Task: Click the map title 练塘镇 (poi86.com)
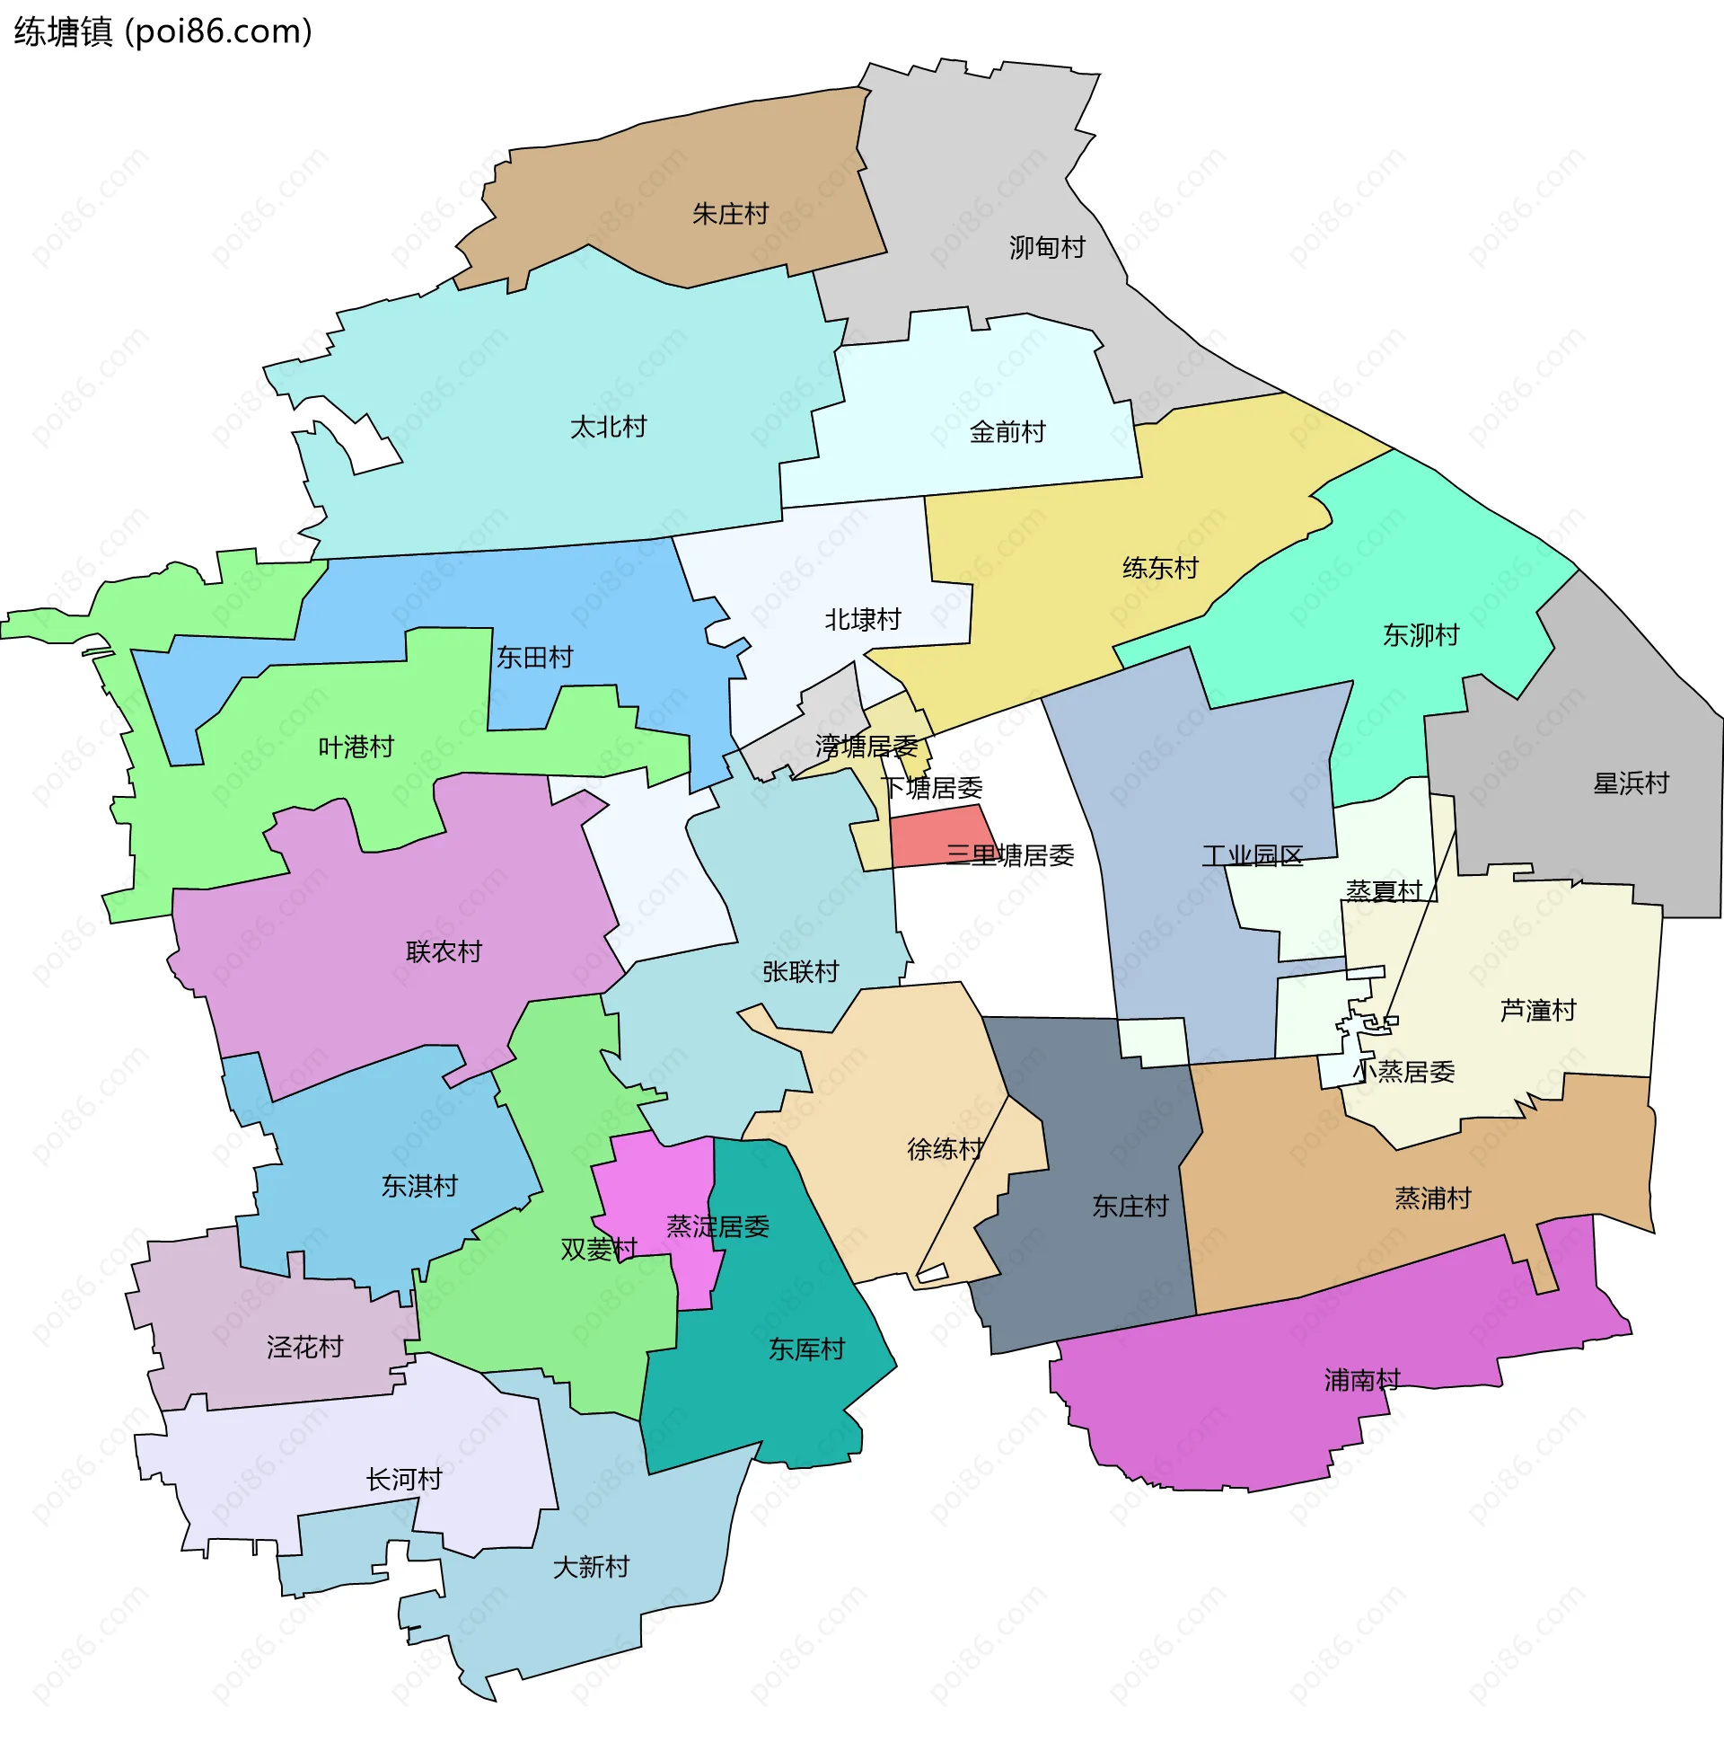pyautogui.click(x=163, y=31)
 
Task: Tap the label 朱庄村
pyautogui.click(x=730, y=214)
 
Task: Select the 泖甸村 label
pyautogui.click(x=1047, y=247)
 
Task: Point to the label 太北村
pyautogui.click(x=609, y=427)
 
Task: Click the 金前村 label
pyautogui.click(x=1007, y=432)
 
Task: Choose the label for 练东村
pyautogui.click(x=1160, y=568)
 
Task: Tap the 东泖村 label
pyautogui.click(x=1421, y=635)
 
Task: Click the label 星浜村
pyautogui.click(x=1631, y=783)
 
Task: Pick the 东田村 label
pyautogui.click(x=534, y=657)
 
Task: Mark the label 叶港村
pyautogui.click(x=356, y=747)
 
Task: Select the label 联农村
pyautogui.click(x=444, y=951)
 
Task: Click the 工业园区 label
pyautogui.click(x=1253, y=855)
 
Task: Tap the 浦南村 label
pyautogui.click(x=1362, y=1380)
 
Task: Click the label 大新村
pyautogui.click(x=590, y=1566)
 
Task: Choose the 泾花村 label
pyautogui.click(x=304, y=1347)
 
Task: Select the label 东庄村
pyautogui.click(x=1130, y=1206)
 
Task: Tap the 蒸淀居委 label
pyautogui.click(x=717, y=1226)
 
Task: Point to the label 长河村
pyautogui.click(x=404, y=1479)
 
